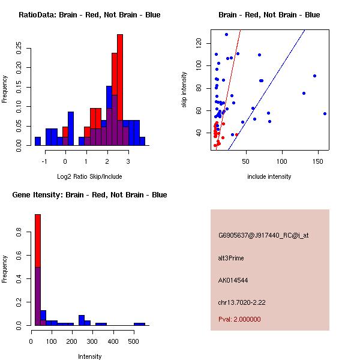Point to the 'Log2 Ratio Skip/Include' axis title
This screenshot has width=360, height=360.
[x=89, y=176]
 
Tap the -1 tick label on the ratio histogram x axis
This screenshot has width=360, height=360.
[x=44, y=161]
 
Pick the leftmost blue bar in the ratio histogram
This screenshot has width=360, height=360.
[x=38, y=141]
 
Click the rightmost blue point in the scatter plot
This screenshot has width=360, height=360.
[x=325, y=113]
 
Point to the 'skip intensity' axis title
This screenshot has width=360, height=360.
[x=184, y=90]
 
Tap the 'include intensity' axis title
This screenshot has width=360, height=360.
[x=269, y=176]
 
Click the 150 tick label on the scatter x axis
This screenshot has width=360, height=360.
[x=318, y=161]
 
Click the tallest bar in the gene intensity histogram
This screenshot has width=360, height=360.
[x=38, y=270]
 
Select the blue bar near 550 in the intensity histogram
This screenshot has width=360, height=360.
[x=139, y=324]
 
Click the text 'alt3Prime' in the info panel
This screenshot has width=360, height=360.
[x=231, y=258]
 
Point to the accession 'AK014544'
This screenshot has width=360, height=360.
[x=233, y=280]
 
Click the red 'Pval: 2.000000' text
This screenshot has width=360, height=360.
[x=239, y=319]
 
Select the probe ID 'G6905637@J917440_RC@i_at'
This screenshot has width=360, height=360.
[x=263, y=236]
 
